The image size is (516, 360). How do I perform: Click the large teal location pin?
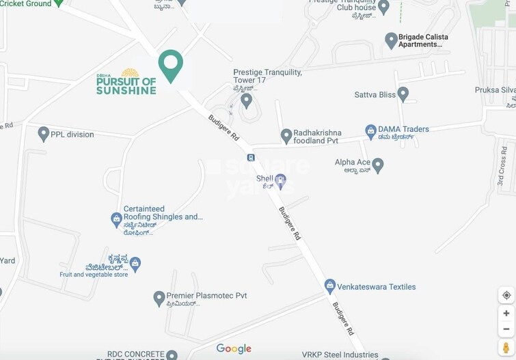tap(170, 65)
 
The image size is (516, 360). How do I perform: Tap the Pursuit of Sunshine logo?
tap(126, 83)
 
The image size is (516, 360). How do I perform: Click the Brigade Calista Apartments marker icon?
tap(391, 40)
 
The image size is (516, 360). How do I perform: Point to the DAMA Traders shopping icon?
tap(370, 129)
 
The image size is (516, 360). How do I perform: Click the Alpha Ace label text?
tap(353, 163)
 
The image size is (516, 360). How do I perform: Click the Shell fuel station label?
tap(265, 179)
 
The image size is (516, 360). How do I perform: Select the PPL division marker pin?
tap(44, 134)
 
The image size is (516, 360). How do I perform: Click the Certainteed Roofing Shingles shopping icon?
tap(116, 219)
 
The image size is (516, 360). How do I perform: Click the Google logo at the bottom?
tap(234, 348)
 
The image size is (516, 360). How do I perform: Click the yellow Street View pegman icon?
tap(506, 347)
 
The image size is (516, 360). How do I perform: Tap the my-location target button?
tap(506, 295)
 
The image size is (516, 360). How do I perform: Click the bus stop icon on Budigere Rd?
tap(252, 158)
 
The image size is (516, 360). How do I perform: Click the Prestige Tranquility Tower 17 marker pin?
tap(246, 101)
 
